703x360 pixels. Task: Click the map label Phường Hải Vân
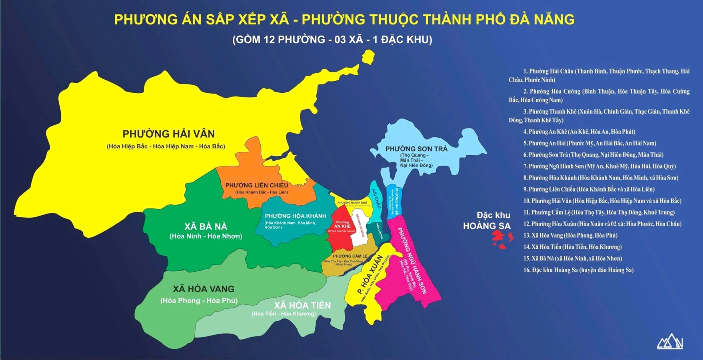(168, 134)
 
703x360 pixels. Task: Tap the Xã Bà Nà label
(206, 226)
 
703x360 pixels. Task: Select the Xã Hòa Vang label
(204, 289)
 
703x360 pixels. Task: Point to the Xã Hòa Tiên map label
(302, 306)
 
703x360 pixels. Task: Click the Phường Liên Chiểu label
(257, 185)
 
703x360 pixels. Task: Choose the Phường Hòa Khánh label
(296, 216)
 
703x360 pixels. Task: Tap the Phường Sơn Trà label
(416, 149)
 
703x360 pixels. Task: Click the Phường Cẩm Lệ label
(350, 256)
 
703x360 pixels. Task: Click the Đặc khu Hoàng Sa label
(487, 221)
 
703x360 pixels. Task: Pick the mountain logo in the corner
(670, 342)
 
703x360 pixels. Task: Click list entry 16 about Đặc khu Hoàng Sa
(578, 270)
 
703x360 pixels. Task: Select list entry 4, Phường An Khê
(579, 132)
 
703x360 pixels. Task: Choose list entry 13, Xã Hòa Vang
(570, 235)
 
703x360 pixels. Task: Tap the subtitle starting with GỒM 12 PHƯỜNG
(332, 40)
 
